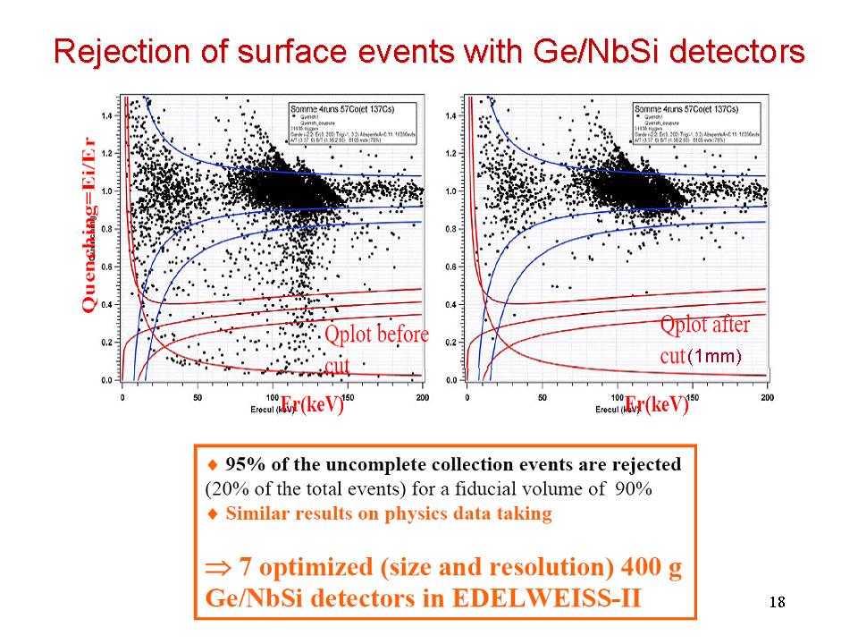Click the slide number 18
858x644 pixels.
[x=777, y=600]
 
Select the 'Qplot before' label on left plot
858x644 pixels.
[x=376, y=335]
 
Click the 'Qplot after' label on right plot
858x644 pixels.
[x=705, y=325]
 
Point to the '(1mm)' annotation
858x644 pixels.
[x=715, y=356]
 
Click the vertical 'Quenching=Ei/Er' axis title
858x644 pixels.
[x=88, y=225]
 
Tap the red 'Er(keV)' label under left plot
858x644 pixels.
[x=313, y=404]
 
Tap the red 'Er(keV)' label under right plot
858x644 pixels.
[x=658, y=404]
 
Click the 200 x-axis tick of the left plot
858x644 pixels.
[x=422, y=397]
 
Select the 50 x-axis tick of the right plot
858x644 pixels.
[x=543, y=397]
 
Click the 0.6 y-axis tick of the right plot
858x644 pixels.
[x=452, y=267]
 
